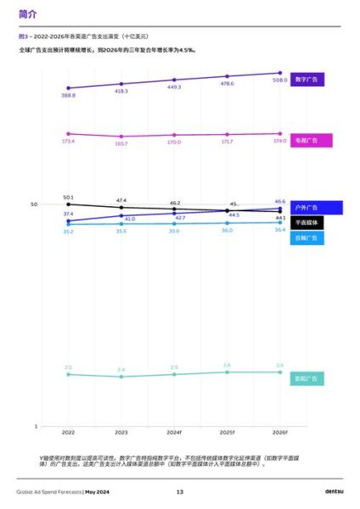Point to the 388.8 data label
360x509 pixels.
click(x=68, y=96)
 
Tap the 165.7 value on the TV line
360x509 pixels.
click(x=121, y=143)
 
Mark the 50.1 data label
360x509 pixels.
click(x=68, y=197)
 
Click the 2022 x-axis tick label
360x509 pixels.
click(x=68, y=433)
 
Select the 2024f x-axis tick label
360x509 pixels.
click(x=174, y=433)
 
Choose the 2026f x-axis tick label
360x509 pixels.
click(x=279, y=433)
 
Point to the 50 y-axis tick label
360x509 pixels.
click(x=35, y=204)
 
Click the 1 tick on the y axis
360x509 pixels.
click(x=36, y=425)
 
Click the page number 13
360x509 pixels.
click(x=180, y=492)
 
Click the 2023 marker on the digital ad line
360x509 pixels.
click(x=121, y=83)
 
